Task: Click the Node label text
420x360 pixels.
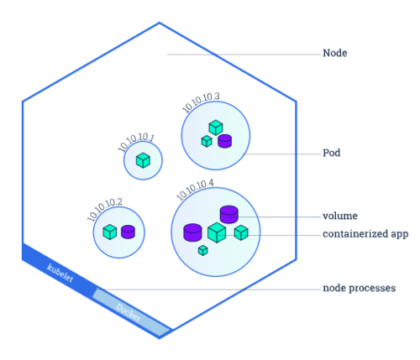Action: click(x=335, y=53)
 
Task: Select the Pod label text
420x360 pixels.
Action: click(x=332, y=153)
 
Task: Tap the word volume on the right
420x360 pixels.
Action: click(x=340, y=216)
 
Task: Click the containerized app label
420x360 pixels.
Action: click(x=365, y=234)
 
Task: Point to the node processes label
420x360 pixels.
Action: click(x=360, y=288)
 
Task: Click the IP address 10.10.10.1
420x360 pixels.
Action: click(x=136, y=143)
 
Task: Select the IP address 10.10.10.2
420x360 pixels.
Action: click(x=105, y=209)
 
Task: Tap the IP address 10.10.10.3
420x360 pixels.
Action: click(x=201, y=102)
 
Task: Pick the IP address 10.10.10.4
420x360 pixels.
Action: click(x=195, y=190)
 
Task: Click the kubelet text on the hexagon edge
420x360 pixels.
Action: click(x=60, y=273)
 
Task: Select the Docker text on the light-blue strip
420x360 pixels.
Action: click(x=129, y=312)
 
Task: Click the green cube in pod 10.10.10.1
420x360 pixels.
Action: click(x=143, y=160)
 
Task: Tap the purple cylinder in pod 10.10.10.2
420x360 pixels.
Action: click(x=128, y=232)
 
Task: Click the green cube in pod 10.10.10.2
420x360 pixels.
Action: click(x=110, y=232)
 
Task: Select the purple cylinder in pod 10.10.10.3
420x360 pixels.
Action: click(x=225, y=141)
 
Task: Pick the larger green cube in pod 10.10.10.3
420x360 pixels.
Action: click(x=216, y=128)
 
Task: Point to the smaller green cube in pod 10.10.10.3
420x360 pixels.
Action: click(x=207, y=141)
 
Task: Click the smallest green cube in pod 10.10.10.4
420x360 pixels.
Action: click(x=203, y=250)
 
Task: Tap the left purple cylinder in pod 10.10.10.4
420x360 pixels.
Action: click(x=192, y=232)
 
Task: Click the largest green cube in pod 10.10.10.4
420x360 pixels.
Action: click(x=217, y=232)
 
